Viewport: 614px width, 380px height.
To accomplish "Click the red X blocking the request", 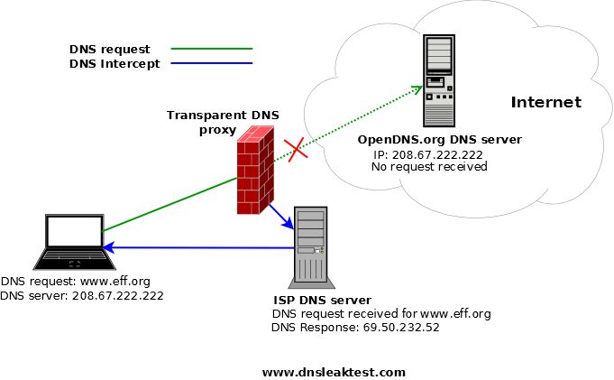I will coord(294,150).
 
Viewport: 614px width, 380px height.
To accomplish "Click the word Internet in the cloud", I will coord(546,102).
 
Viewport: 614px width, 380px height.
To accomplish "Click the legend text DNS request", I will coord(109,49).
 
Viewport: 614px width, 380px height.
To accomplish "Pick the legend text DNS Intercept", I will coord(114,63).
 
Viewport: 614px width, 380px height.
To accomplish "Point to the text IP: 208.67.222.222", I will coord(427,154).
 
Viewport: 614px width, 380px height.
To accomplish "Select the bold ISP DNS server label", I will coord(322,300).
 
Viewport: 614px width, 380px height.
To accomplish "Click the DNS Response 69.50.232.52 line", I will coord(355,328).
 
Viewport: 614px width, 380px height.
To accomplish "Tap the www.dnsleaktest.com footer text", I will coord(334,372).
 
